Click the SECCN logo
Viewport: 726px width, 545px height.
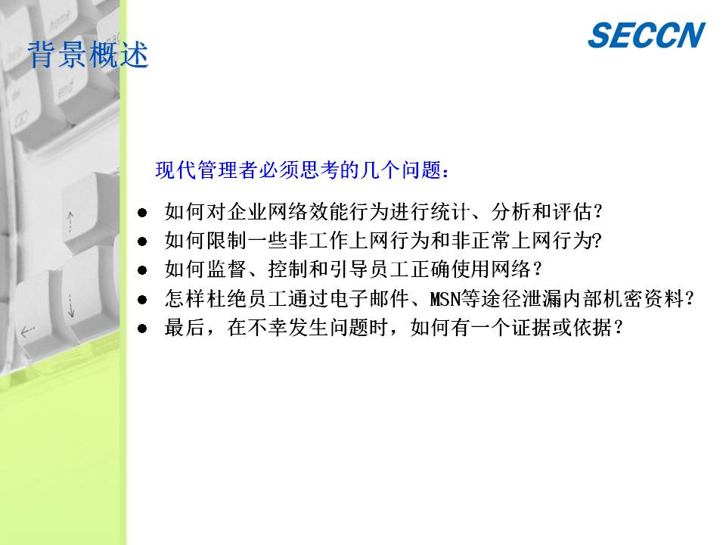pos(647,35)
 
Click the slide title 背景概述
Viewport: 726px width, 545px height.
pos(88,54)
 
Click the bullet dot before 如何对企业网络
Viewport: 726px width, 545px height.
pos(142,213)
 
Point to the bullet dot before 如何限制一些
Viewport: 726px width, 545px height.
pos(142,241)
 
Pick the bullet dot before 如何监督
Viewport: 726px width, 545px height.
pos(142,270)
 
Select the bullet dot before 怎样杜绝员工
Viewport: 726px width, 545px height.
pos(142,300)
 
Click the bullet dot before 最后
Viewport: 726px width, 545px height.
pos(142,329)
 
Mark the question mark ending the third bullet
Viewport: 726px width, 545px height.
pos(536,269)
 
